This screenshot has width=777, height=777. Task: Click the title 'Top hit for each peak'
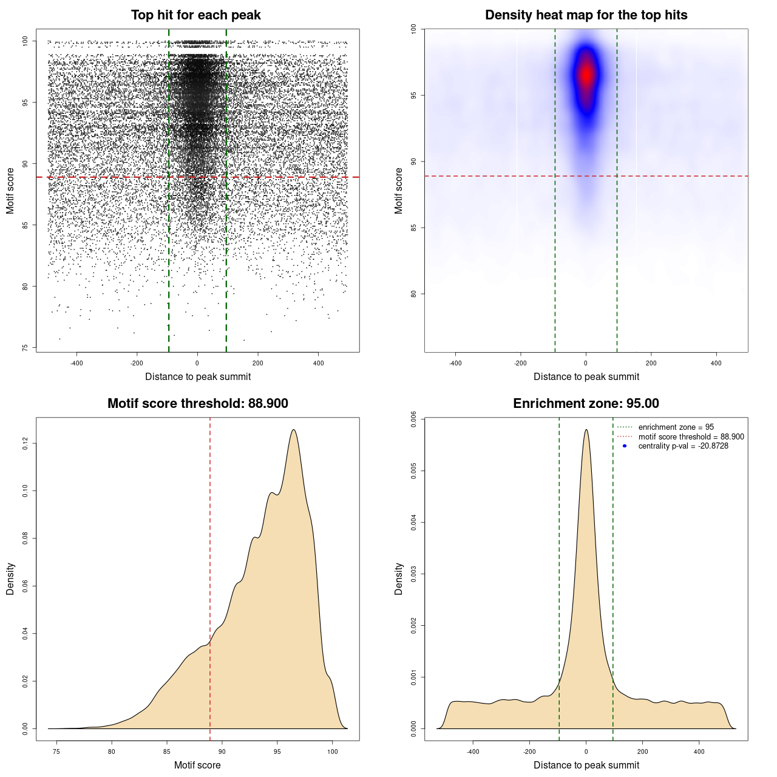coord(195,15)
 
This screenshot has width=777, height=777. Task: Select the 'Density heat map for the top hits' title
coord(586,15)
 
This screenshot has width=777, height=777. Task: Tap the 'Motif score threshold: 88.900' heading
coord(197,404)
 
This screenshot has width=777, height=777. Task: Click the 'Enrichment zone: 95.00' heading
coord(586,404)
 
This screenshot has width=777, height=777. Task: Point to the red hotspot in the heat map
coord(586,75)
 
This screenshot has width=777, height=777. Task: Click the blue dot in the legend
coord(625,446)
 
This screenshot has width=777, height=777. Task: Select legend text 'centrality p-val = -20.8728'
coord(683,446)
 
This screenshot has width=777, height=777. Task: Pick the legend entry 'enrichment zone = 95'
coord(676,427)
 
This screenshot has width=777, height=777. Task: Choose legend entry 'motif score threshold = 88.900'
coord(691,437)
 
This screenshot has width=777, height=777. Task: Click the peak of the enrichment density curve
coord(586,430)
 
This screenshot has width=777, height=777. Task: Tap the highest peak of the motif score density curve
coord(294,430)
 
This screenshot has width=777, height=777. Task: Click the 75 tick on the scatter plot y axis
coord(25,348)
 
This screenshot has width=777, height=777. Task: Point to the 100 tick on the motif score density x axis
coord(332,752)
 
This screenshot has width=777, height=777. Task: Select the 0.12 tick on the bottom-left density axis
coord(25,444)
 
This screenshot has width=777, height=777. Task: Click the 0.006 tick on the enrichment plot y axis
coord(413,419)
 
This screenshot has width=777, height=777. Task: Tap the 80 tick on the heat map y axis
coord(413,294)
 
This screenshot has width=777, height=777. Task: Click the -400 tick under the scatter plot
coord(76,363)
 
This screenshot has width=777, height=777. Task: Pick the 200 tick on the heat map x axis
coord(651,363)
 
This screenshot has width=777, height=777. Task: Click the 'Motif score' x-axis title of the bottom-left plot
coord(197,765)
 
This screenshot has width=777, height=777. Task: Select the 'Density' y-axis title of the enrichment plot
coord(399,579)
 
